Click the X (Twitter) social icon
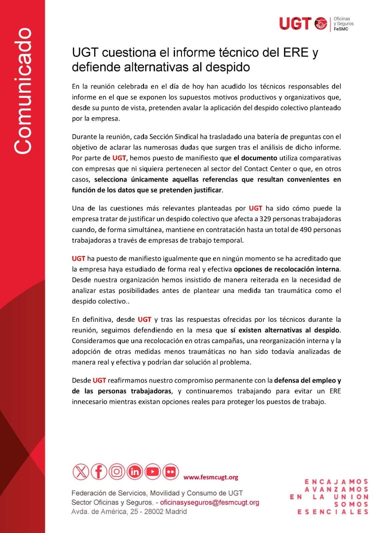tap(81, 472)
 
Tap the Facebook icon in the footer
tap(99, 472)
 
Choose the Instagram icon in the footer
tap(117, 472)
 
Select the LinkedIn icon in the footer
tap(135, 472)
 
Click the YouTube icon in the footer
tap(152, 472)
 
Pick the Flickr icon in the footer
tap(170, 472)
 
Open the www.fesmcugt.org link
tap(211, 477)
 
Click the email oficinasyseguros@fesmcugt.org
tap(209, 502)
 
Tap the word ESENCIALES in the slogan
tap(332, 512)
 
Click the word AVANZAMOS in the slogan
tap(336, 489)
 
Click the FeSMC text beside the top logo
tap(341, 29)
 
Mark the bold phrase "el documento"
tap(255, 158)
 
